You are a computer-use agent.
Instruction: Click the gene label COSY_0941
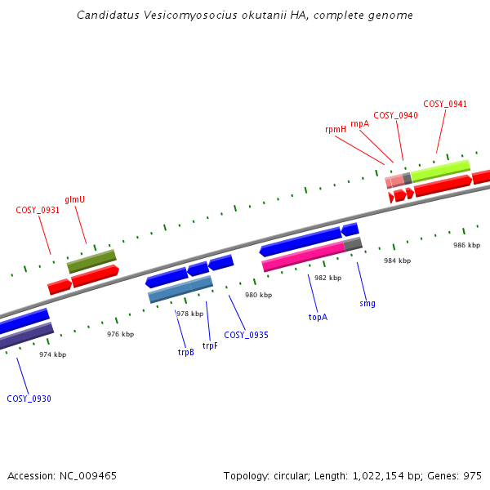[x=445, y=104]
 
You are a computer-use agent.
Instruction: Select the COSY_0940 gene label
[x=395, y=116]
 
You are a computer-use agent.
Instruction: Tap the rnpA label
[x=359, y=123]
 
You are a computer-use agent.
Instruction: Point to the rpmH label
[x=336, y=130]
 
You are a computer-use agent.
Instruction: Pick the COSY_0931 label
[x=38, y=210]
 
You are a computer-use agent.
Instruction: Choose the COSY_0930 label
[x=29, y=399]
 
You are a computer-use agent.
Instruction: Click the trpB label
[x=185, y=352]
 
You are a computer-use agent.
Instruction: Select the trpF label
[x=210, y=345]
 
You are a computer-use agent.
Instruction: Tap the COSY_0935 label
[x=246, y=335]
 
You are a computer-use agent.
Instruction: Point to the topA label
[x=318, y=317]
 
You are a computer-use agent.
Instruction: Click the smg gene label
[x=367, y=303]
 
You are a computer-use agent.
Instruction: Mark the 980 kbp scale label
[x=259, y=295]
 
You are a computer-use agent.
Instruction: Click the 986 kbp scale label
[x=467, y=245]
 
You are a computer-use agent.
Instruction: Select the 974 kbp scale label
[x=53, y=354]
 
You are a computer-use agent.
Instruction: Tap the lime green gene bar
[x=440, y=170]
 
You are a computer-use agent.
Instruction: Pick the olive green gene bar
[x=91, y=261]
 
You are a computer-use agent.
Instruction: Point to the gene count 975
[x=472, y=475]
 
